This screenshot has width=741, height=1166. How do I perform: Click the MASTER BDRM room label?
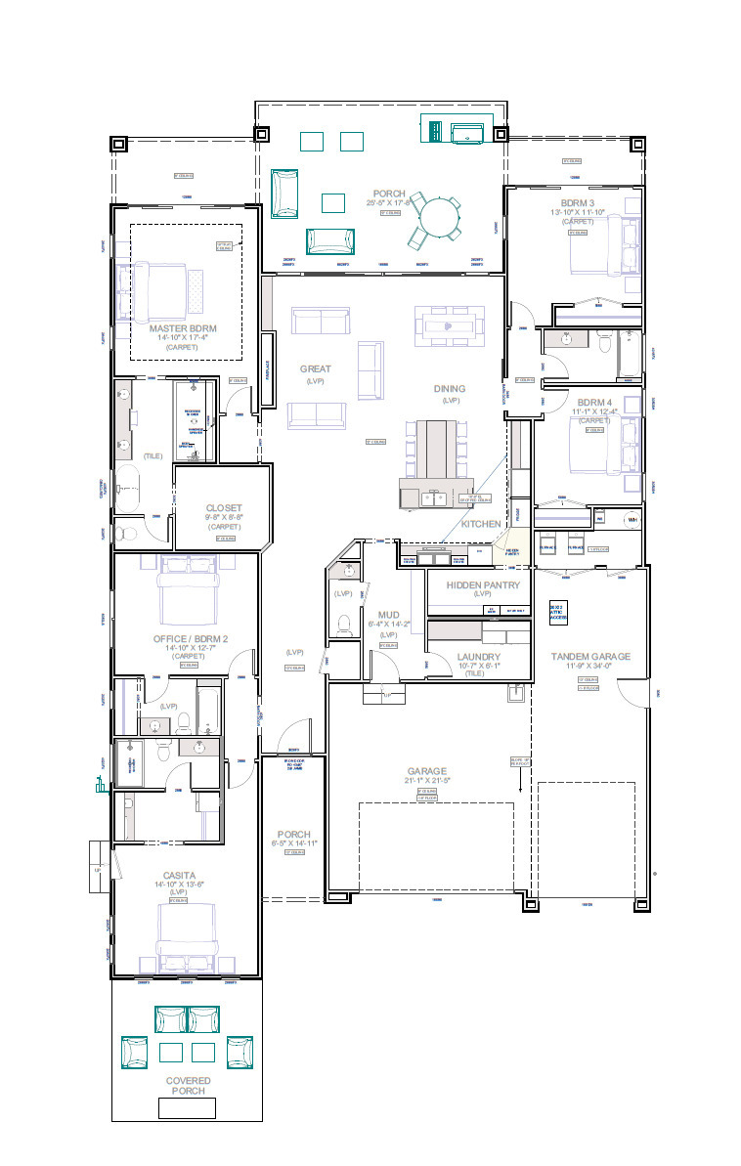click(182, 328)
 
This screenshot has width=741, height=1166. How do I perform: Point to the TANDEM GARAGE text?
click(589, 657)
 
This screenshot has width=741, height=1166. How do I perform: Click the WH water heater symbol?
click(631, 519)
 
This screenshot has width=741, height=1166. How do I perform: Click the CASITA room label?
click(179, 875)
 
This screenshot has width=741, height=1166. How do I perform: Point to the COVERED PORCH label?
click(187, 1085)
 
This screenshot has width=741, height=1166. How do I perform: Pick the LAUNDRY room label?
click(478, 657)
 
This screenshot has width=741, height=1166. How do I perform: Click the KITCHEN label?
click(481, 524)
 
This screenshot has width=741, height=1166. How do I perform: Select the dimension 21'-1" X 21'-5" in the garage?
click(426, 781)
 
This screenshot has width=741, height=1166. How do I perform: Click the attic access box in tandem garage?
click(557, 612)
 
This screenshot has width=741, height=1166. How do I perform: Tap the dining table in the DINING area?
click(447, 322)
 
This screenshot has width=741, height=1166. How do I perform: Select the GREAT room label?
click(316, 369)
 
